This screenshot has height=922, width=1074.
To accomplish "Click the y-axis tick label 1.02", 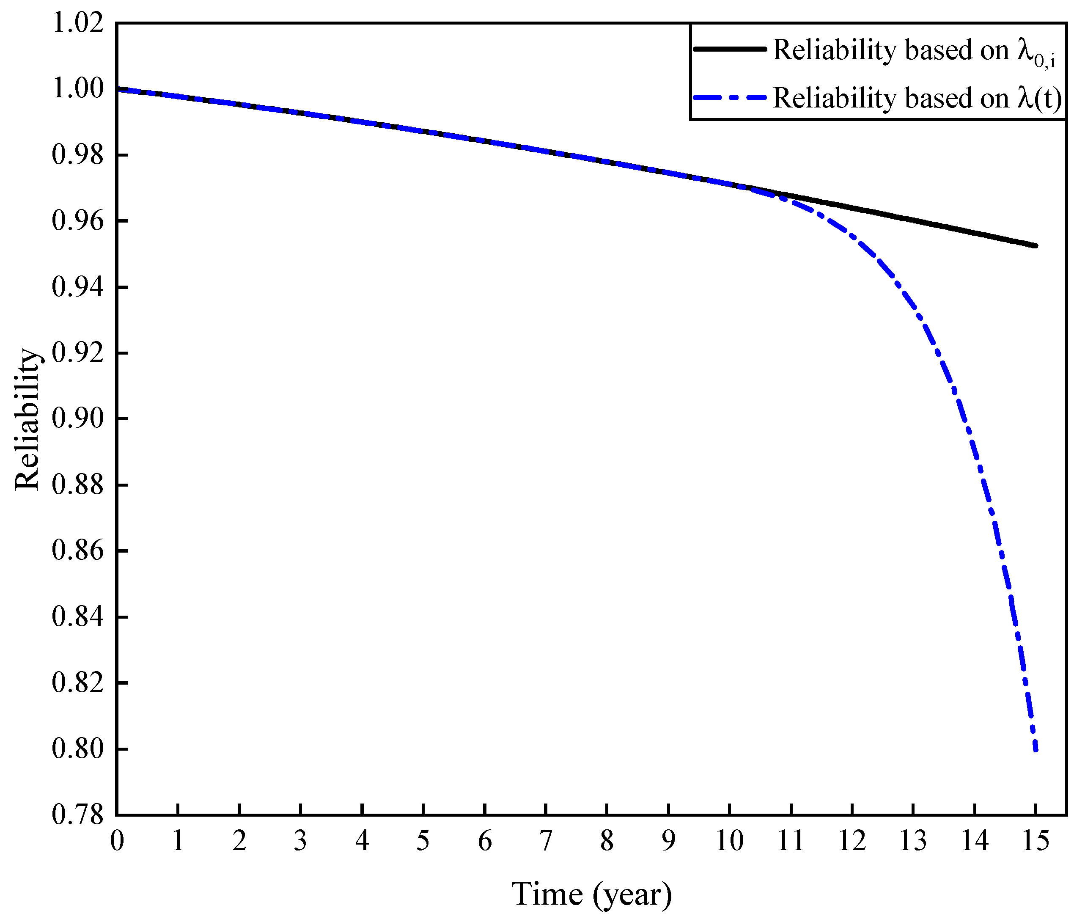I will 78,23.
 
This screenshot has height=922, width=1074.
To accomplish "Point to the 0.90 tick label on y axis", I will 78,418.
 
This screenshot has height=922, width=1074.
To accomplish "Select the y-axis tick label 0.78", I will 78,815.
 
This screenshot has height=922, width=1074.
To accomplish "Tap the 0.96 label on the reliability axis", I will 78,220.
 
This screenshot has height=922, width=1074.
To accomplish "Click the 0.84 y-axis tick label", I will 78,617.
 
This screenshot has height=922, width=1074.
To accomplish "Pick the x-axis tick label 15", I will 1035,841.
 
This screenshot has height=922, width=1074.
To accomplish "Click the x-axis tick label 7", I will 546,841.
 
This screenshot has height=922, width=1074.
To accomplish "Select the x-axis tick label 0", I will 117,841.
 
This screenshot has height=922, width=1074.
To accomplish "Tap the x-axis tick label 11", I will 791,841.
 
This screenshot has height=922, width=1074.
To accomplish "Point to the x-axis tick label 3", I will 301,841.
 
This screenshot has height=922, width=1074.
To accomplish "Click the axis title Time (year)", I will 591,894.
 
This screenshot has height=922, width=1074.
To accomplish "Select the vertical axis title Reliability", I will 27,419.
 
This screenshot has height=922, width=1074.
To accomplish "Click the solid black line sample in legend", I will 729,49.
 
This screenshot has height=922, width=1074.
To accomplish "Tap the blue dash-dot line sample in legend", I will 729,97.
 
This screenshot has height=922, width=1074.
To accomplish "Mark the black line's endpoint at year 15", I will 1036,246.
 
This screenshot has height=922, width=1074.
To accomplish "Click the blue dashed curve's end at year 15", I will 1036,750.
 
